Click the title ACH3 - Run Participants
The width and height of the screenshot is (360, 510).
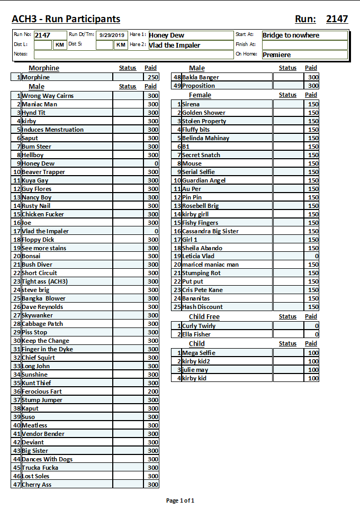point(66,20)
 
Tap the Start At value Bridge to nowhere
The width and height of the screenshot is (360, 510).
point(291,35)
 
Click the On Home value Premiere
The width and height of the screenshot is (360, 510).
point(277,54)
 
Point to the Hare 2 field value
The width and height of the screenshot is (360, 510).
point(175,45)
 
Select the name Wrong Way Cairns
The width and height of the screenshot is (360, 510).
point(48,96)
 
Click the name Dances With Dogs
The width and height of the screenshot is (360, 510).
point(47,459)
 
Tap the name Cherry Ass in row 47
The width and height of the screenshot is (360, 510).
point(37,485)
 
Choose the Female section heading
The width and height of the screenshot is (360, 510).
point(200,95)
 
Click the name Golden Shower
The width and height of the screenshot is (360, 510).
point(204,113)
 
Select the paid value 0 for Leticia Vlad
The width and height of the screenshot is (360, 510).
point(316,256)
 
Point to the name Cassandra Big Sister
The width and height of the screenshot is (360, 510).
point(210,231)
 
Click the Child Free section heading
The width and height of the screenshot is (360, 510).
point(204,317)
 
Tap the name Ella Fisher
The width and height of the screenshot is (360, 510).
point(196,334)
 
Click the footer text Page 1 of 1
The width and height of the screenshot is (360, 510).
point(180,500)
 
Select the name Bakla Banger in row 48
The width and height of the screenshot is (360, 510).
point(201,77)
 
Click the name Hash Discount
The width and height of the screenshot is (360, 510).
point(202,307)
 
